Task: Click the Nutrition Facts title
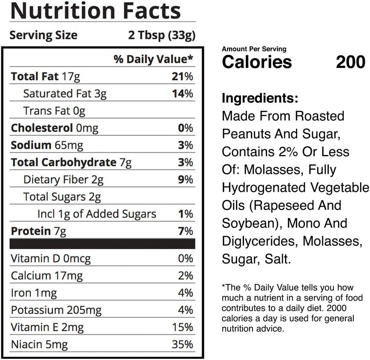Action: click(x=95, y=11)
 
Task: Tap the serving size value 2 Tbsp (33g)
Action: click(x=161, y=35)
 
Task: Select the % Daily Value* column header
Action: click(x=153, y=60)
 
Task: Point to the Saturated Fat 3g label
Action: click(x=65, y=94)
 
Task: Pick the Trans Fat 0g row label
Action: click(x=54, y=111)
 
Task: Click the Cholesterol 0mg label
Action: click(x=54, y=128)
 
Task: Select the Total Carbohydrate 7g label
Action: click(x=71, y=162)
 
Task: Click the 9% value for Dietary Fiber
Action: click(x=186, y=180)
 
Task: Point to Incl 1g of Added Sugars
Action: click(x=96, y=214)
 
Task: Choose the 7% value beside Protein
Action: click(x=186, y=231)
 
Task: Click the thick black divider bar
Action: click(x=102, y=244)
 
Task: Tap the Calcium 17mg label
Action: click(x=47, y=276)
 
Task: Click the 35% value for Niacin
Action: click(x=182, y=344)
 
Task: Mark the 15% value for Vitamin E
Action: click(x=182, y=327)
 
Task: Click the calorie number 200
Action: click(x=350, y=62)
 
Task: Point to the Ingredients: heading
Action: click(x=260, y=99)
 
